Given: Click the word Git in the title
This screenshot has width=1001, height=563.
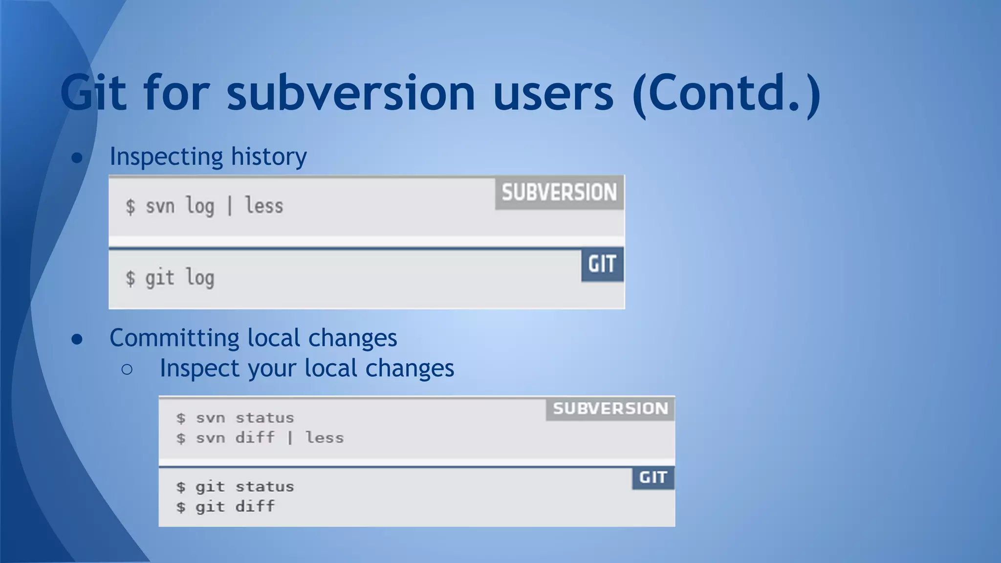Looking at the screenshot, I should point(93,92).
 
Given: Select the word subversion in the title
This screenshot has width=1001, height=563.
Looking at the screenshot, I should point(350,92).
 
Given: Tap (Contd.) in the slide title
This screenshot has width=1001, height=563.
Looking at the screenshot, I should point(726,92).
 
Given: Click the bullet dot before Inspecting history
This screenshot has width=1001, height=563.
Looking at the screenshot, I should point(77,158).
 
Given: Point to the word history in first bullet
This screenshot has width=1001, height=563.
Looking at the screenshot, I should point(269,157).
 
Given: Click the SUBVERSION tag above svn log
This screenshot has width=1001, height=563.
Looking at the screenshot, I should point(559,193).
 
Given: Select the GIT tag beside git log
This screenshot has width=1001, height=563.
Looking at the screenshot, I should point(602,264).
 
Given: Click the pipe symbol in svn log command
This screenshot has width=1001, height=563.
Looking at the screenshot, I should point(229,206).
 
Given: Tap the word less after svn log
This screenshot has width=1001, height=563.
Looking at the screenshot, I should point(264,206).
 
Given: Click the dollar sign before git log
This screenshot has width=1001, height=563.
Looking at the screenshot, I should point(130,278).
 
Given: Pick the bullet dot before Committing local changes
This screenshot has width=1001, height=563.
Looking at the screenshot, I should point(77,339).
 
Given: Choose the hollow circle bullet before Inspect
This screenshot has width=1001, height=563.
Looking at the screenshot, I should point(127,369).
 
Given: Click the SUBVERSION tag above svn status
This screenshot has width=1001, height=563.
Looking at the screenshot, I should point(610,409).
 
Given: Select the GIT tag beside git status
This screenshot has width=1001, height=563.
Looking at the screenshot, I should point(653,477).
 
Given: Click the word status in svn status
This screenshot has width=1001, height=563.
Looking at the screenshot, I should point(265,418).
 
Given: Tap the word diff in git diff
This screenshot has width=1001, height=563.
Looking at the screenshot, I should point(255,506).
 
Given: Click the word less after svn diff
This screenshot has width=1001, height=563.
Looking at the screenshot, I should point(325,437).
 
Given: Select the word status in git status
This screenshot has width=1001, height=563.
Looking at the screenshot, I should point(265,487).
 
